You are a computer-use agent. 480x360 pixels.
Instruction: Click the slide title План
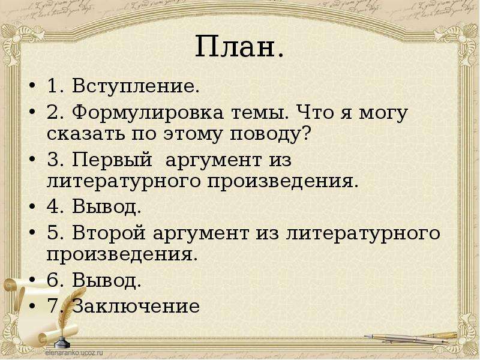(239, 47)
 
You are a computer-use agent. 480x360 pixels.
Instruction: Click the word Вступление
(136, 86)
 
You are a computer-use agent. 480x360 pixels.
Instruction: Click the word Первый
(112, 159)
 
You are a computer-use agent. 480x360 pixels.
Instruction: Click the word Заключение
(136, 306)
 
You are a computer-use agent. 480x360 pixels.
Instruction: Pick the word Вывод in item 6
(107, 280)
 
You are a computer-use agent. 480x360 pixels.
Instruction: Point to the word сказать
(86, 134)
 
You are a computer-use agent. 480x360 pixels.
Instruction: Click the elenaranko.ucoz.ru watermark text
(74, 352)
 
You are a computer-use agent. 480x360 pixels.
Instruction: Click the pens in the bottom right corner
(410, 338)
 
